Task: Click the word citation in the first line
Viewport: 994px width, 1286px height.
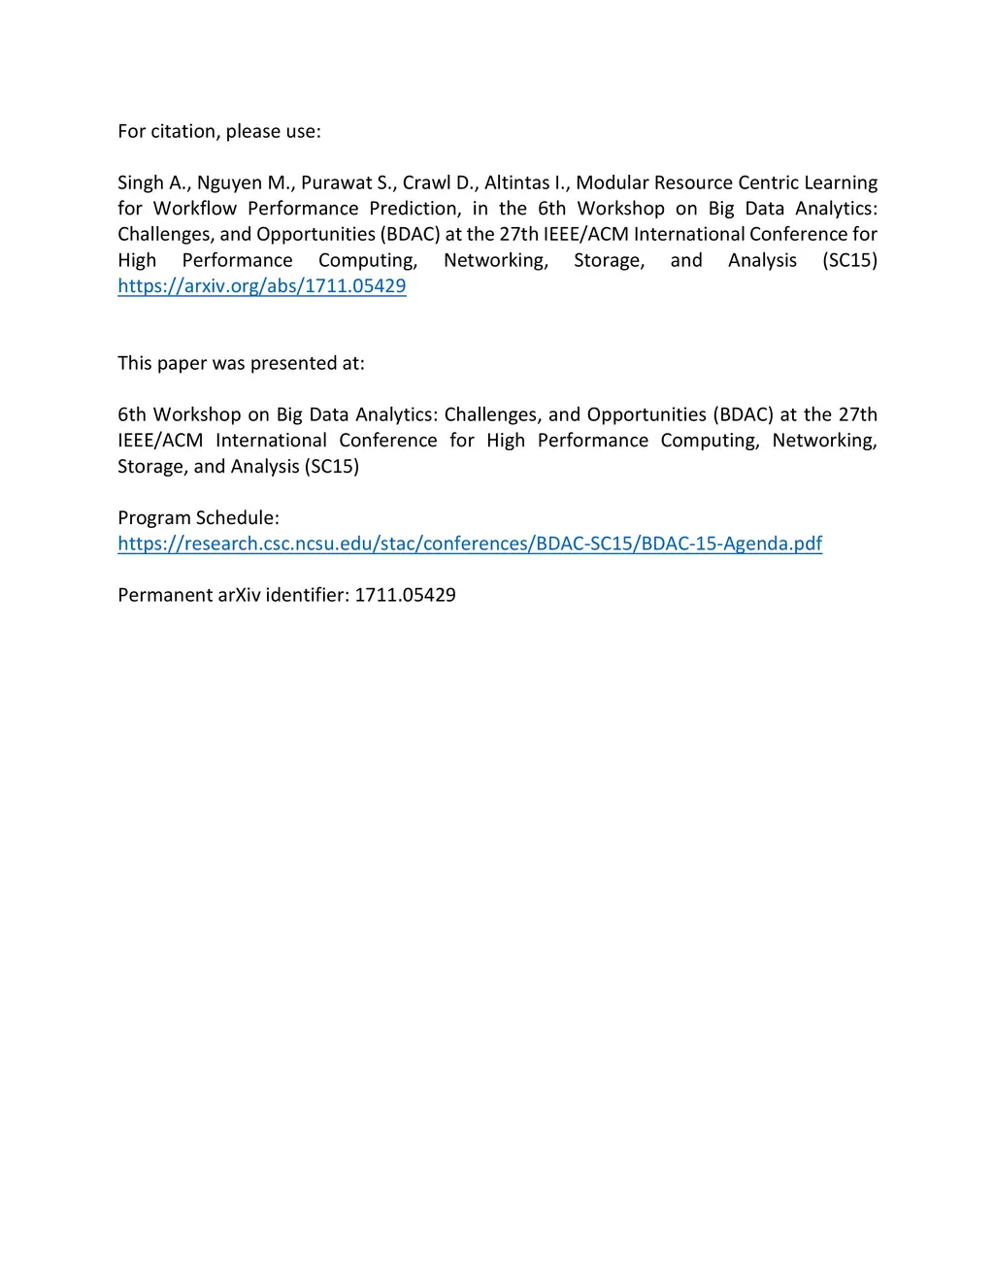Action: pyautogui.click(x=183, y=132)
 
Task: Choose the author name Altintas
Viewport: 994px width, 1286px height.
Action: pyautogui.click(x=516, y=183)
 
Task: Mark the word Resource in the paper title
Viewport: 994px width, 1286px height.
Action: pyautogui.click(x=693, y=183)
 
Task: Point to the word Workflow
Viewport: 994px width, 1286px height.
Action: pyautogui.click(x=195, y=209)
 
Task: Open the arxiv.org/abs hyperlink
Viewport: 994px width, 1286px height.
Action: pyautogui.click(x=262, y=286)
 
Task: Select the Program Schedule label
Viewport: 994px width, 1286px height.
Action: pyautogui.click(x=198, y=518)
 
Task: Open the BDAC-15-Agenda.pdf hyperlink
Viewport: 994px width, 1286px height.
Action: pyautogui.click(x=470, y=544)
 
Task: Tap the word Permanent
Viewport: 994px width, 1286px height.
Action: pyautogui.click(x=164, y=596)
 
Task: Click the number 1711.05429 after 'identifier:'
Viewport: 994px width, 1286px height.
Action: pyautogui.click(x=405, y=596)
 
